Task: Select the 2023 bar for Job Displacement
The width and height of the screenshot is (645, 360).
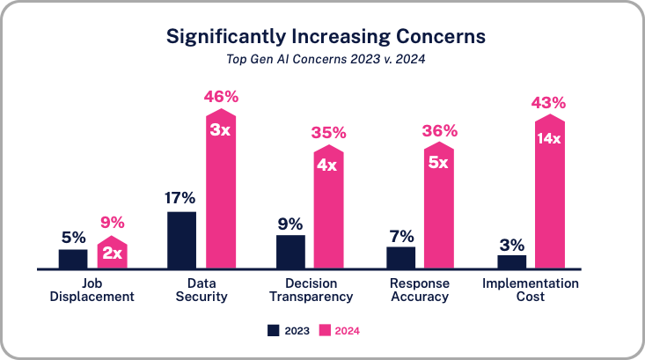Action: tap(73, 259)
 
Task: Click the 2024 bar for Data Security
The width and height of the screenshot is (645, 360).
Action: tap(221, 194)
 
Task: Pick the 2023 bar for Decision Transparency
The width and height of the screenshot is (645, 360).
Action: tap(290, 252)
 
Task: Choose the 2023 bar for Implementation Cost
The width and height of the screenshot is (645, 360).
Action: tap(511, 261)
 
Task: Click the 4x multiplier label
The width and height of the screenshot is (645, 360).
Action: tap(329, 165)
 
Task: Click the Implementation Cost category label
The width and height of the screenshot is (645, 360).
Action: tap(531, 290)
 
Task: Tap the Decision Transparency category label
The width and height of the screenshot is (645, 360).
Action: tap(310, 290)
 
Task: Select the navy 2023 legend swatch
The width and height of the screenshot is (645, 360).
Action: tap(273, 331)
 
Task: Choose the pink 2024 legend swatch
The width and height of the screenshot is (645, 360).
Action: tap(323, 331)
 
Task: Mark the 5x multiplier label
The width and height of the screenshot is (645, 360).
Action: tap(439, 162)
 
